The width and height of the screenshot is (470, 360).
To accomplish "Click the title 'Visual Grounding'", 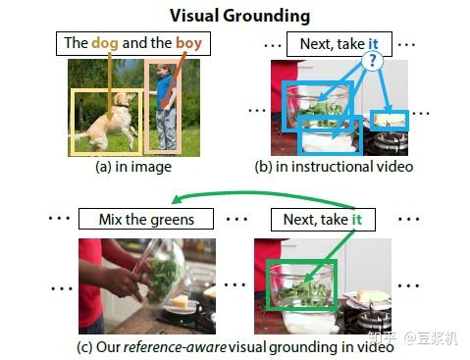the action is [x=239, y=16].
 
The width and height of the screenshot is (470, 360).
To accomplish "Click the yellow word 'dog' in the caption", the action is [x=107, y=43].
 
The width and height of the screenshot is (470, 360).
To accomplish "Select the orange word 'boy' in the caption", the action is [x=189, y=43].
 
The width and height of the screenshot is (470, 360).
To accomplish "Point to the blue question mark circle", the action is [x=373, y=59].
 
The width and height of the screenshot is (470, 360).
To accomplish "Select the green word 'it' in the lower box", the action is [x=357, y=220].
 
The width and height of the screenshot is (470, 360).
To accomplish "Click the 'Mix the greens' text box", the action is [x=146, y=220].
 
